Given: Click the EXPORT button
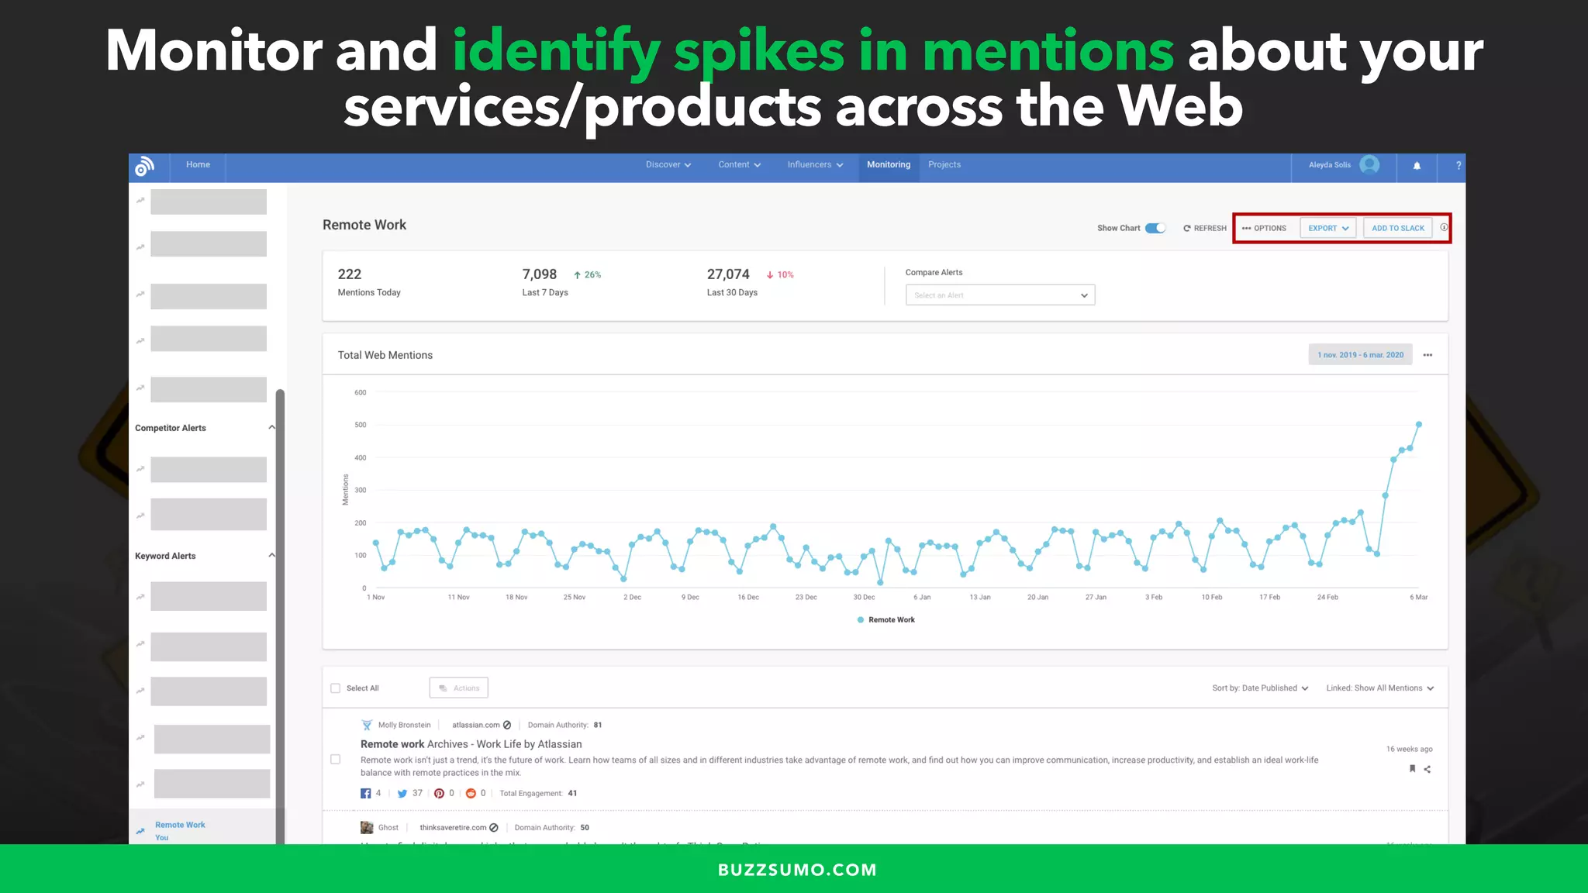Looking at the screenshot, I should point(1327,228).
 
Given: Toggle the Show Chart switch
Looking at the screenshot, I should point(1155,228).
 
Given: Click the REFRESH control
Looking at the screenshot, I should point(1205,228).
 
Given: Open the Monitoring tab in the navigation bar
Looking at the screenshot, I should point(889,165).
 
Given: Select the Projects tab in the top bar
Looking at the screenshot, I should point(944,165).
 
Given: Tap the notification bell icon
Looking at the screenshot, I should point(1417,166).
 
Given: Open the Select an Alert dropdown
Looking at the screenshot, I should point(999,295).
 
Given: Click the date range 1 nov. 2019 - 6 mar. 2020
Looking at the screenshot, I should point(1360,355).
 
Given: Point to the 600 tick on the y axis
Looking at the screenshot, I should point(361,393).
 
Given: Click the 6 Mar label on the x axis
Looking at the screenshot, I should point(1418,598).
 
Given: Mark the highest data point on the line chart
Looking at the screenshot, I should point(1419,425).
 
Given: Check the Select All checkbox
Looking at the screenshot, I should point(336,688).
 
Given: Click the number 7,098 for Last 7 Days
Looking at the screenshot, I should point(539,274).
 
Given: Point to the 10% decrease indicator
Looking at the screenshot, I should point(780,275).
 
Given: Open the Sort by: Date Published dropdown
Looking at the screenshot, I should point(1260,688).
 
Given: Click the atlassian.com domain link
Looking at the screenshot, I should point(476,726).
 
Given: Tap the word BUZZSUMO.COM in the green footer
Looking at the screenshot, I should point(797,870).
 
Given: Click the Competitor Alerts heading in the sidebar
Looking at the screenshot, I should point(171,428).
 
